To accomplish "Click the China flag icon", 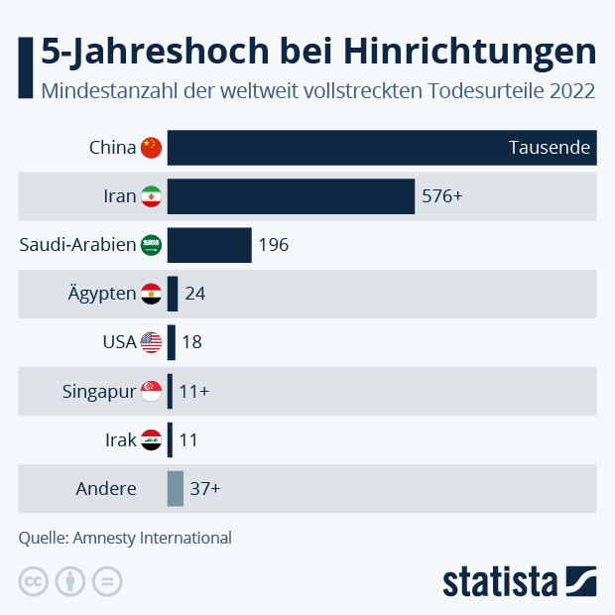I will click(x=151, y=148).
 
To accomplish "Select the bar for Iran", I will click(x=291, y=196).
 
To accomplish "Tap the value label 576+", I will click(x=442, y=196).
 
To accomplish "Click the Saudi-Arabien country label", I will click(x=77, y=245).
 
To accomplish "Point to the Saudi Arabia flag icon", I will click(x=151, y=245).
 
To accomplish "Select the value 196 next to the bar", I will click(x=273, y=245).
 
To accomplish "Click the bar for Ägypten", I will click(x=173, y=294).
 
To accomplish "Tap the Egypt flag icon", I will click(x=151, y=294).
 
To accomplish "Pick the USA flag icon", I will click(x=151, y=342).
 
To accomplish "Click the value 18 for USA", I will click(x=192, y=342).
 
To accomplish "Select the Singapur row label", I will click(x=98, y=391).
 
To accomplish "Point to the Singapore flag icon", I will click(x=151, y=391).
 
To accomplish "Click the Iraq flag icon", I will click(x=151, y=439).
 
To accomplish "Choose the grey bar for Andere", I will click(x=176, y=488).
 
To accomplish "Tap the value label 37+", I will click(x=205, y=488).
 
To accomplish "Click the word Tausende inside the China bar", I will click(x=550, y=148).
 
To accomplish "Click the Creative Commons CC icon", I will click(x=33, y=581).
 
